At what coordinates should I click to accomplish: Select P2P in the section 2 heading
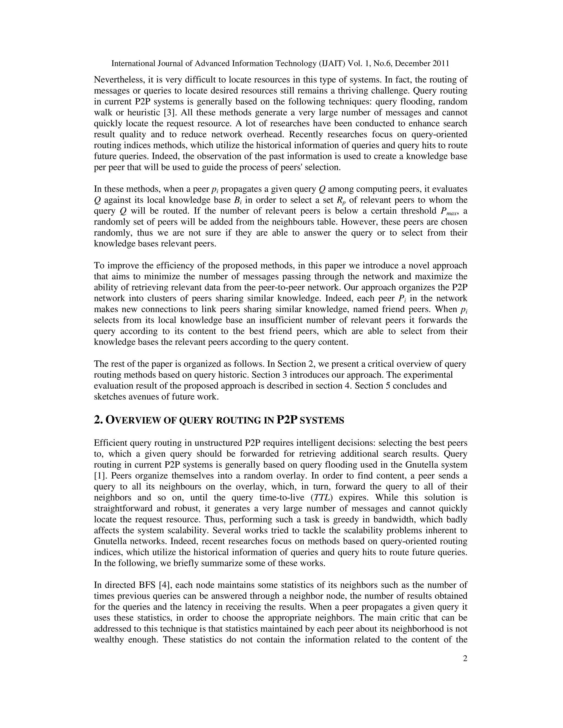tap(286, 420)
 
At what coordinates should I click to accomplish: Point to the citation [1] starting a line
tap(100, 476)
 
